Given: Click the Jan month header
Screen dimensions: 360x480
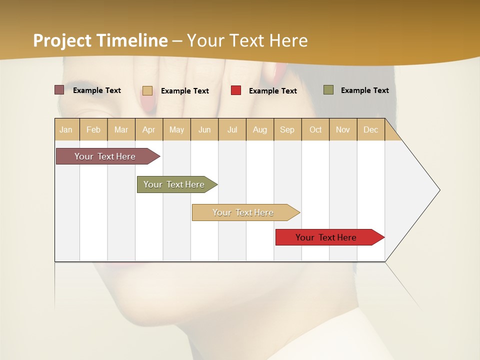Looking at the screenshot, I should [x=66, y=129].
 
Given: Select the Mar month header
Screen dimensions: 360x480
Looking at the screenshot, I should [x=121, y=129].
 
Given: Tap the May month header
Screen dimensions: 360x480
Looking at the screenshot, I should [x=176, y=129].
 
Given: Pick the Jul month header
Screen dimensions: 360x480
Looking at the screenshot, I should [x=232, y=129].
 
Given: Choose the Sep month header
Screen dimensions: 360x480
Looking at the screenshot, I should [x=287, y=129].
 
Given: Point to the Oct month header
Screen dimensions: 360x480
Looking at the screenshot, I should [x=315, y=129].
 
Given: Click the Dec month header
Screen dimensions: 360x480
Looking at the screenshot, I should [x=370, y=129].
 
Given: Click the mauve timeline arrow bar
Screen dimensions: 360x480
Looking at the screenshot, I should [x=105, y=156].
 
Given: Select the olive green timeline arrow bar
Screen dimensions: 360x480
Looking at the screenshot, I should [x=174, y=184].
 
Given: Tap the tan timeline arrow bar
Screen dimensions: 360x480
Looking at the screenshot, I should [x=243, y=212].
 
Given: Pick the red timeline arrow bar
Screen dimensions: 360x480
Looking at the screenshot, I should [x=326, y=237].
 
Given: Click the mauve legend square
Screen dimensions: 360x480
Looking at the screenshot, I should [x=59, y=90].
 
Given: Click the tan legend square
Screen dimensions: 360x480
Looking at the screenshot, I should [x=147, y=90].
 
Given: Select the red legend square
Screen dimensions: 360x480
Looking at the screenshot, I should [x=236, y=90].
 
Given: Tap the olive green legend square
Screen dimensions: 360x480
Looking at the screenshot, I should [x=328, y=90].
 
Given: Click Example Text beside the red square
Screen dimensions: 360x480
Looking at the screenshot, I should [x=272, y=91].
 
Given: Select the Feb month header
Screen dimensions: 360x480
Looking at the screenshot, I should [x=93, y=129].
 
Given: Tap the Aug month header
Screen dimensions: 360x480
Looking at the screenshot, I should [x=259, y=129].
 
